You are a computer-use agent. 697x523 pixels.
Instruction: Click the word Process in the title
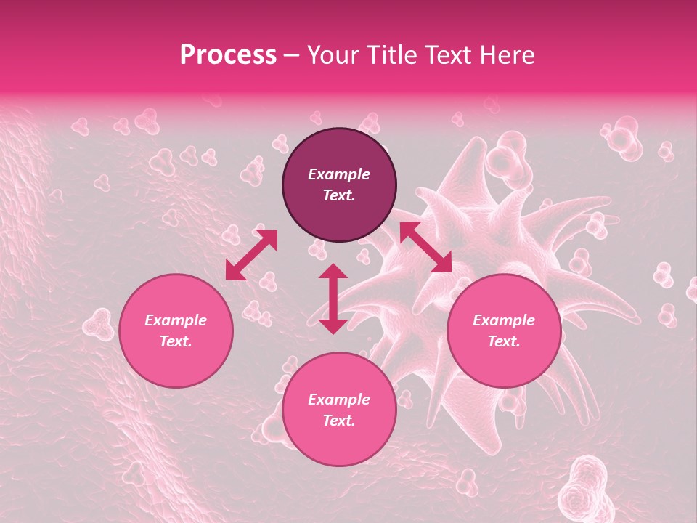(228, 55)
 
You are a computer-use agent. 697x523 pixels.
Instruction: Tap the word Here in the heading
(505, 55)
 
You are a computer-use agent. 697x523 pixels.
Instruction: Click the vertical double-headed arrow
(333, 299)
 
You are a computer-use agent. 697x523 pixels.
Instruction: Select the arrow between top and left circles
(251, 255)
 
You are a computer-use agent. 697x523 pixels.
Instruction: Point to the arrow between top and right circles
(425, 248)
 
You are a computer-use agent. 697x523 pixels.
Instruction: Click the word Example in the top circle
(339, 174)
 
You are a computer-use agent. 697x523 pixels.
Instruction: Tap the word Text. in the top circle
(339, 195)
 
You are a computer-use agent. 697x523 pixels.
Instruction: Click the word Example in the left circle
(176, 320)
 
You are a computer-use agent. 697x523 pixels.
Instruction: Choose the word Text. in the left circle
(176, 341)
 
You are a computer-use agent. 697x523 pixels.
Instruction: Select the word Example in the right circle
(504, 320)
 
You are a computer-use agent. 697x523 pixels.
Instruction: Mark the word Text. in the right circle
(504, 341)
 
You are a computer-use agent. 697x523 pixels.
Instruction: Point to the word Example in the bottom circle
(339, 400)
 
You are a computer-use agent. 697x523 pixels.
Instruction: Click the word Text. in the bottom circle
(339, 421)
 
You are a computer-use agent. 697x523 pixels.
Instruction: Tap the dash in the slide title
(292, 56)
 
